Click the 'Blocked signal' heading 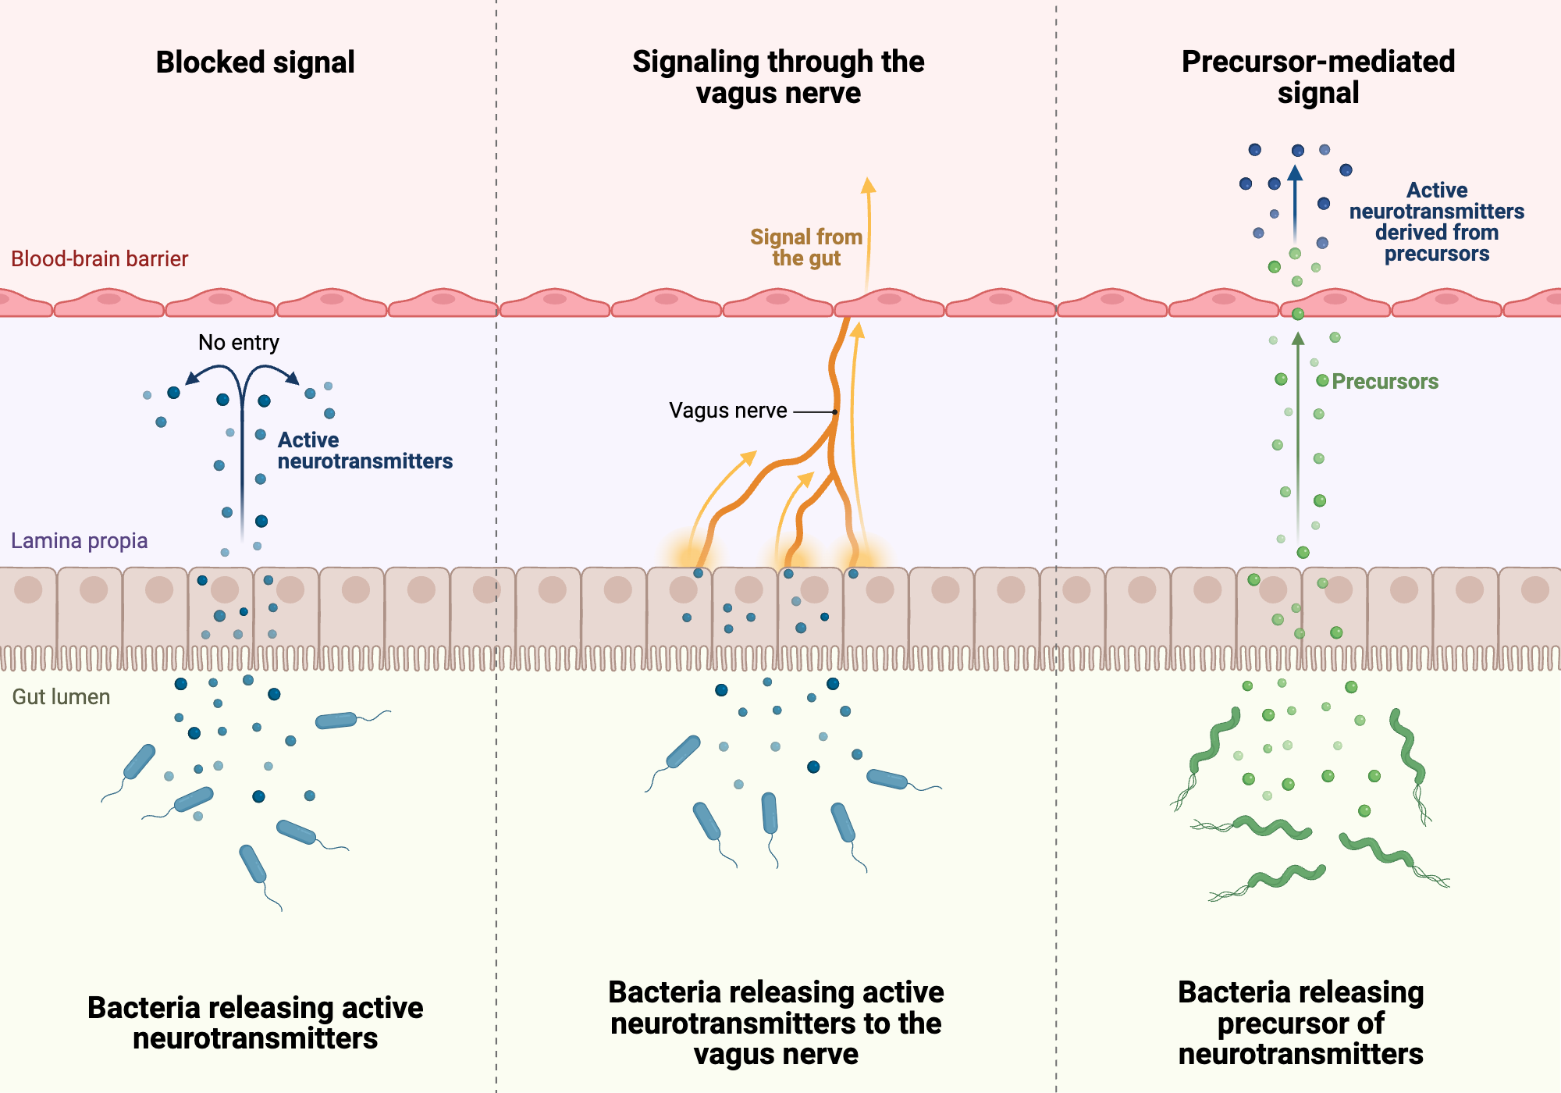click(255, 62)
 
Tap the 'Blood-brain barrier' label click(99, 259)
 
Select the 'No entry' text click(238, 343)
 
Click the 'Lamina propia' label click(79, 541)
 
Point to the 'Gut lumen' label click(61, 697)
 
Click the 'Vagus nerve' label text click(727, 411)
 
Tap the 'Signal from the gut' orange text click(806, 247)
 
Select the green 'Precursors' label click(1385, 382)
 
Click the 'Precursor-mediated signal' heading click(1318, 77)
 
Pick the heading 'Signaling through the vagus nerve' click(778, 77)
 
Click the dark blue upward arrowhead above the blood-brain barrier click(1295, 173)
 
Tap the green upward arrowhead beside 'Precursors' click(1298, 338)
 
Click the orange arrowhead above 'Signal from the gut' click(868, 184)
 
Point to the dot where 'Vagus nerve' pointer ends click(835, 411)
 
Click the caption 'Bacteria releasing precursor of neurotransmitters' click(1300, 1023)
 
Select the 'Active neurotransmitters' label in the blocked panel click(364, 450)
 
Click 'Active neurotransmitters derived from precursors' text click(1436, 223)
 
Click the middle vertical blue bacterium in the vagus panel click(770, 813)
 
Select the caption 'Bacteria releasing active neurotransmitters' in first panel click(255, 1023)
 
